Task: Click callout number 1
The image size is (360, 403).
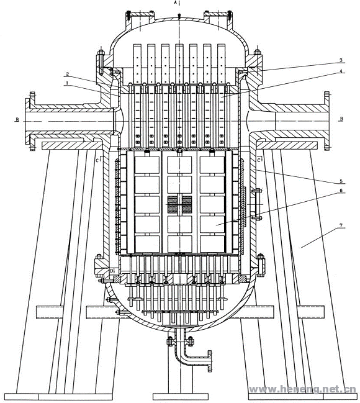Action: coord(67,83)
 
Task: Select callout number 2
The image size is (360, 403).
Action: coord(67,74)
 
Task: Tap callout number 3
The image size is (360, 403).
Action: coord(341,60)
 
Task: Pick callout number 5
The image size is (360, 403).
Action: coord(341,181)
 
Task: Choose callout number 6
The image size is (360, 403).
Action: coord(341,191)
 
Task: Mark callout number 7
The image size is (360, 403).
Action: coord(341,225)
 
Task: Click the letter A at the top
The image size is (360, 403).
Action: coord(176,2)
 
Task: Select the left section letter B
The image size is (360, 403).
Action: coord(17,119)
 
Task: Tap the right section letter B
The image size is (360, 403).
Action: coord(341,119)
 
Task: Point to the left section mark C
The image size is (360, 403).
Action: coord(97,160)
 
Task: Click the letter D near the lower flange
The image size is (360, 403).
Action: coord(112,271)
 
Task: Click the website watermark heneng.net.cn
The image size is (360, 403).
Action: coord(304,389)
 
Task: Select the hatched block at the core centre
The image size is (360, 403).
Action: coord(179,204)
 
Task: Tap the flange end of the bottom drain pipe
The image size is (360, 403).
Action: coord(210,361)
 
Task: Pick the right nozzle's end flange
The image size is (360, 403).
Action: coord(326,120)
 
